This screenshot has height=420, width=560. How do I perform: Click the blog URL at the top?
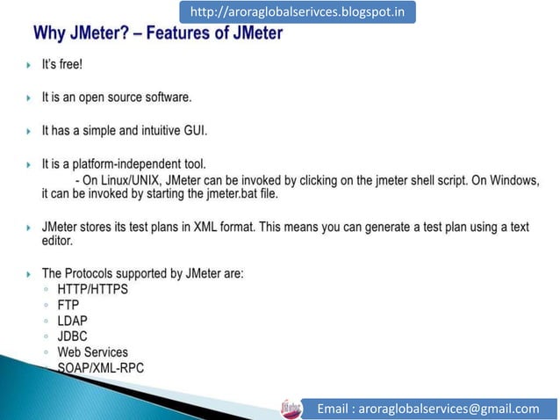[x=297, y=13]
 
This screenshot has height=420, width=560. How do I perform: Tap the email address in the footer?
[x=428, y=408]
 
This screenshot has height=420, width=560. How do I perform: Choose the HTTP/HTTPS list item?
[x=92, y=288]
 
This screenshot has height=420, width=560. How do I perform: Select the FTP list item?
[x=68, y=304]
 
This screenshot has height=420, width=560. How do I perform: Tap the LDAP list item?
[x=73, y=320]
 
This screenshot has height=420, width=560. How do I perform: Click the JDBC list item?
[x=73, y=336]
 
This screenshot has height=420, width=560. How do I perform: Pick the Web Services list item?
[x=92, y=352]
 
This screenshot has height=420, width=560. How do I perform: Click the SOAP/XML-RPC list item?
[x=100, y=368]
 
